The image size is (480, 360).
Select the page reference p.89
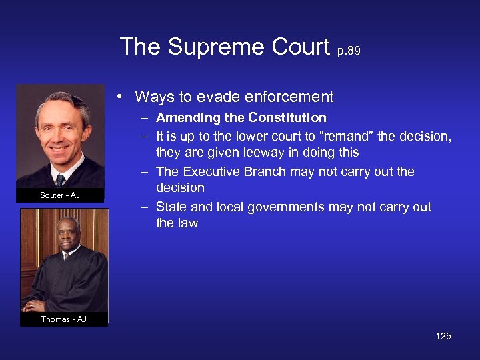(x=350, y=51)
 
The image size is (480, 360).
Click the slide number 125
(x=443, y=336)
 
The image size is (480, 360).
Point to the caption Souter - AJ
(x=60, y=195)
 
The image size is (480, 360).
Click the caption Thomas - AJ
(x=63, y=319)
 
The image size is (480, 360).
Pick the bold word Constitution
(x=287, y=118)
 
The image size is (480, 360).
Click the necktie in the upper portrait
(x=61, y=179)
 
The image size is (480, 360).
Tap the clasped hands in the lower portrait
(x=33, y=306)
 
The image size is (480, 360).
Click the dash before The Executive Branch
(x=144, y=172)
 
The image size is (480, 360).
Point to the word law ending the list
(x=187, y=223)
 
